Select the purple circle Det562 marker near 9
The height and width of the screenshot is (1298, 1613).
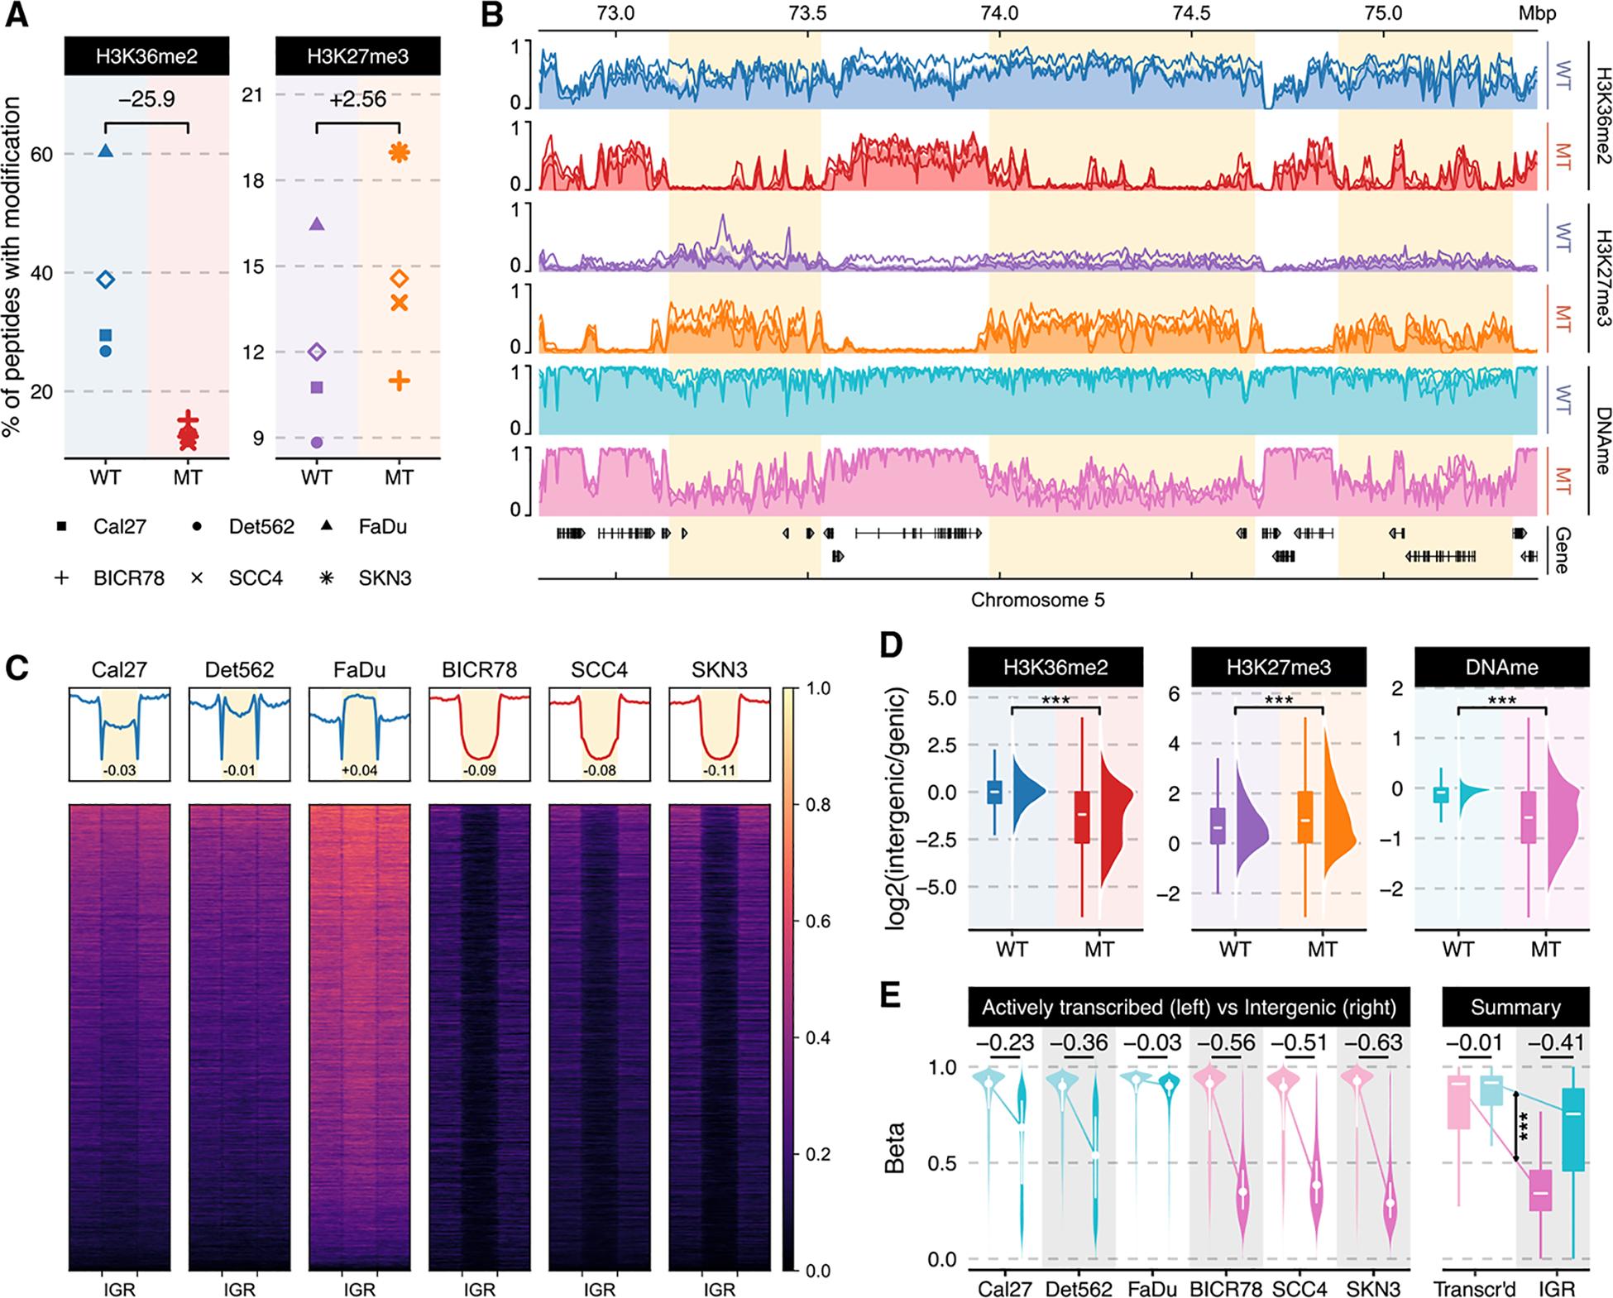click(x=316, y=443)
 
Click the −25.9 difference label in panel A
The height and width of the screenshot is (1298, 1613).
click(x=146, y=100)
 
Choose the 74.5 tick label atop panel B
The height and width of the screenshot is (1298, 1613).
click(x=1191, y=13)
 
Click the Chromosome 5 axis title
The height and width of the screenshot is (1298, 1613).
click(x=1037, y=600)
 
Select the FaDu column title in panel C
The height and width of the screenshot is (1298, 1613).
click(x=359, y=668)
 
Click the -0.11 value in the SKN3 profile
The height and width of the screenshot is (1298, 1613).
click(x=719, y=771)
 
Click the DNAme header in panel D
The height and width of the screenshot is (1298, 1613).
click(x=1501, y=667)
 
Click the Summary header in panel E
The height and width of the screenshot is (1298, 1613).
click(x=1515, y=1007)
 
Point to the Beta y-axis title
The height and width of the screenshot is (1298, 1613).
click(x=896, y=1147)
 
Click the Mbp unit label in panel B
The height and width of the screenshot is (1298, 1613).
click(x=1536, y=13)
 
